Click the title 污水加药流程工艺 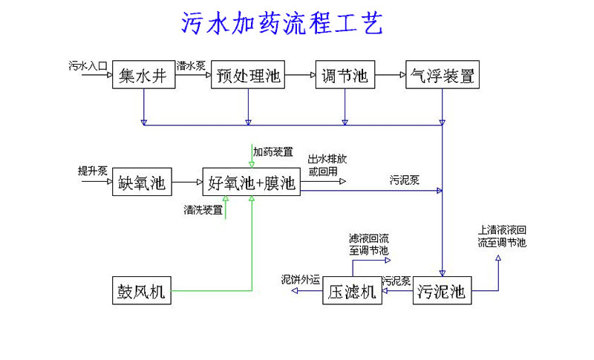[x=282, y=24]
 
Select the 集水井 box [x=144, y=75]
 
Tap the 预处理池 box [x=248, y=75]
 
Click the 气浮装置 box [x=442, y=75]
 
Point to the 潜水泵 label [x=192, y=65]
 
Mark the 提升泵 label [x=93, y=171]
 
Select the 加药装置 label [x=272, y=151]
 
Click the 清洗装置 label [x=203, y=210]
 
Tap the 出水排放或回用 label [x=327, y=165]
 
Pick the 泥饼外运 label [x=300, y=280]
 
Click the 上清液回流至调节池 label [x=502, y=236]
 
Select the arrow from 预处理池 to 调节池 [x=301, y=75]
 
